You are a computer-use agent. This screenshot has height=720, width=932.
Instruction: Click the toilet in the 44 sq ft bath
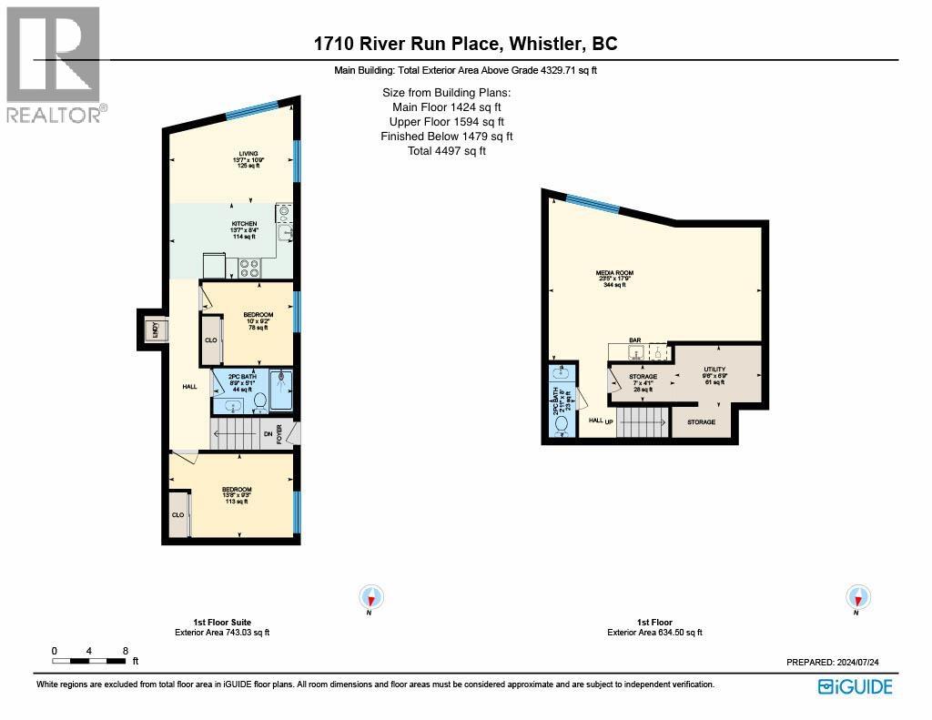pos(258,400)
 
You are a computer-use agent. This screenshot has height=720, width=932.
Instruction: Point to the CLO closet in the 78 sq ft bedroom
pos(211,340)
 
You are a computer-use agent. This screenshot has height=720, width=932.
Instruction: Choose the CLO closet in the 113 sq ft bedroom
pos(178,514)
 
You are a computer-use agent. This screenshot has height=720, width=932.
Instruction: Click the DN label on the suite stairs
pos(268,434)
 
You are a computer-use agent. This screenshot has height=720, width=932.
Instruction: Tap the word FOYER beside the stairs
pos(280,434)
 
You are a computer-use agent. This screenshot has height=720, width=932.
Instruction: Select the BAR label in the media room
pos(635,341)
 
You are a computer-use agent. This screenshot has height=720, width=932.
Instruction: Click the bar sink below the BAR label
pos(635,352)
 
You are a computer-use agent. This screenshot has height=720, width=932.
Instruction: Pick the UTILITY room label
pos(714,370)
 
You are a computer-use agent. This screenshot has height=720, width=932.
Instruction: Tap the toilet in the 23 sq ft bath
pos(562,422)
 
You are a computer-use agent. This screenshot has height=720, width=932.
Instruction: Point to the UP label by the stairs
pos(609,421)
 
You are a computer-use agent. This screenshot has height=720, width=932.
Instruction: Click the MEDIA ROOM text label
pos(615,273)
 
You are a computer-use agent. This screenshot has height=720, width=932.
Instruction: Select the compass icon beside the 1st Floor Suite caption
pos(372,597)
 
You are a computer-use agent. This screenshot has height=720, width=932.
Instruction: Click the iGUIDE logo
pos(855,687)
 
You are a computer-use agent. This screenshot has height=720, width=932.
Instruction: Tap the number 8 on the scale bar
pos(126,651)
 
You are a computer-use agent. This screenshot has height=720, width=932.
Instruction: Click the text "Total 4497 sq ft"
pos(446,151)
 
